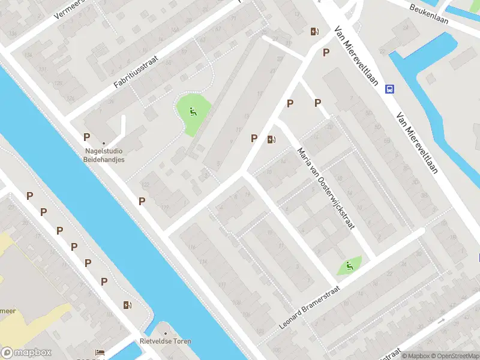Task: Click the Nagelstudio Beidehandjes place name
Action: [x=104, y=156]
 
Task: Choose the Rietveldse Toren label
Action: [x=166, y=341]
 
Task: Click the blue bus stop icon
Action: [x=390, y=89]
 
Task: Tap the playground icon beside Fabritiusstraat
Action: [x=193, y=111]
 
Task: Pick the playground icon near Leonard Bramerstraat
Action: [x=349, y=265]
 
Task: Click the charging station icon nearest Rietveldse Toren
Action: [x=127, y=305]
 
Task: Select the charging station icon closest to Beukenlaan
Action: [x=314, y=32]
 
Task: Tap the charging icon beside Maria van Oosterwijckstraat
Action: [x=272, y=140]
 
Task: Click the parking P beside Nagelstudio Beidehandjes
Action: [x=87, y=137]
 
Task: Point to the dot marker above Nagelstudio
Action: [x=104, y=143]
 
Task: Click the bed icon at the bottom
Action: [x=100, y=353]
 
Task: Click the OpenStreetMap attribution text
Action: [x=454, y=356]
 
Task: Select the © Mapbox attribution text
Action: [x=416, y=356]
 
